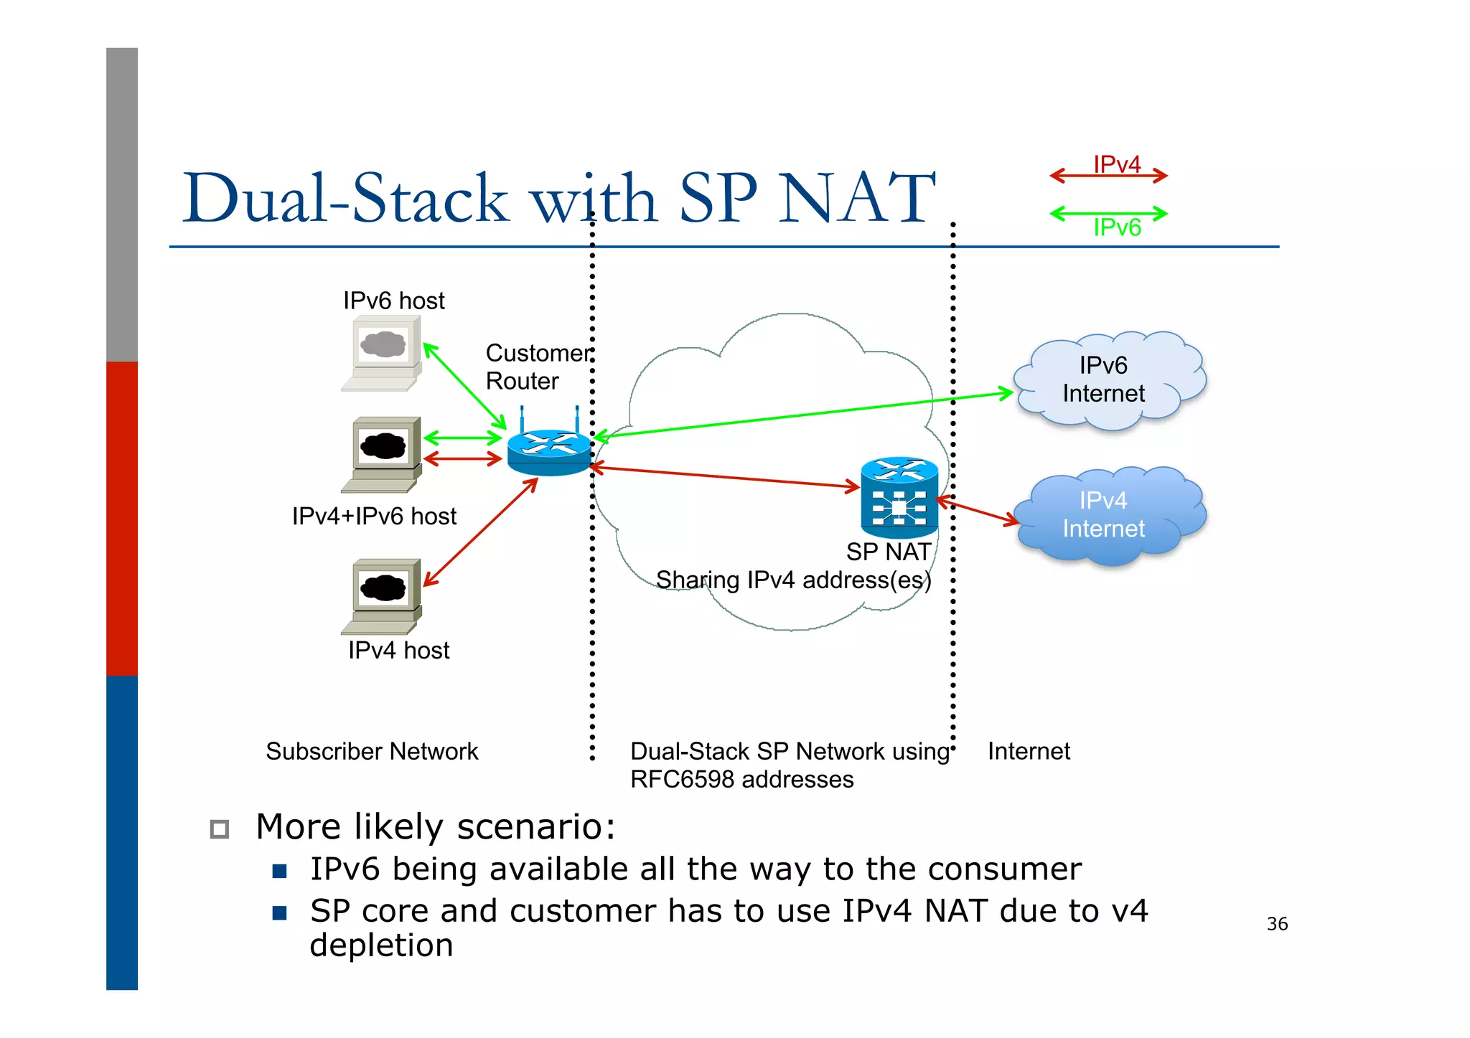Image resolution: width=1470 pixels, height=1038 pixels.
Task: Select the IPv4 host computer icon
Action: pos(383,595)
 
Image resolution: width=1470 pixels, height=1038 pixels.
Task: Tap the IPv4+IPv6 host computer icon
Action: pos(383,453)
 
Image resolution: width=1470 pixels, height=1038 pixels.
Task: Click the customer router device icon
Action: pos(549,450)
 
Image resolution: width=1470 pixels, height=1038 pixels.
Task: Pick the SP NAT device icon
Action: pos(899,498)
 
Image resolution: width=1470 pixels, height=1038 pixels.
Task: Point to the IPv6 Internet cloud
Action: pos(1108,380)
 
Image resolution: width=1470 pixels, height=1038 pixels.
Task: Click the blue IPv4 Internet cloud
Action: pos(1108,515)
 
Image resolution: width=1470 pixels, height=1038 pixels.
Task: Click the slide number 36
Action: pos(1277,924)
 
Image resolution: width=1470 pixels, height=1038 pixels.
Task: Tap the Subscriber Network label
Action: pos(372,751)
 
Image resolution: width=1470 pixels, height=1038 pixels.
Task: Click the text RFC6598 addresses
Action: pos(741,779)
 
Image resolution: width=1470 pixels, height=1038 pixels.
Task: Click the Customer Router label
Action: pos(538,367)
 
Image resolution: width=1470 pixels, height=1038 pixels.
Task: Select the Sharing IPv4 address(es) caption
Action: pos(793,580)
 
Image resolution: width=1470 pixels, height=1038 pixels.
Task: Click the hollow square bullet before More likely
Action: pos(220,829)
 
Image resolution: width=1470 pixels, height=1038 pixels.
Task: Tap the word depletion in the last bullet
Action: pos(381,945)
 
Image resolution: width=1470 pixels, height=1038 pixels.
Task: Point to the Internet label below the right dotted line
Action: pos(1028,751)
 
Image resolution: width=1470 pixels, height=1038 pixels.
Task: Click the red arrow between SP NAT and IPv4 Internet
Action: pos(978,510)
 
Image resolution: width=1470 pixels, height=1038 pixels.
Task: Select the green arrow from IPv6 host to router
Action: pos(465,386)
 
